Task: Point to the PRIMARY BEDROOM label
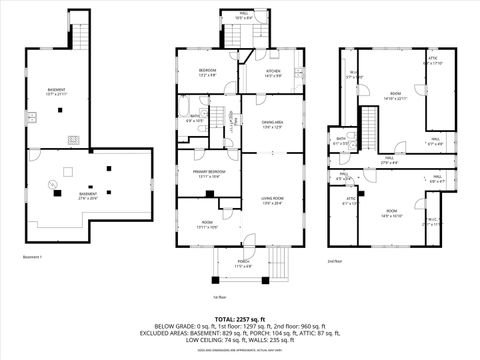(206, 173)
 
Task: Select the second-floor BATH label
(341, 140)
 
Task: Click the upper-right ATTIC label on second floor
(432, 60)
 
